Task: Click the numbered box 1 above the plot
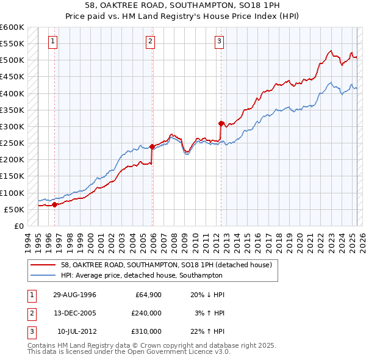click(53, 41)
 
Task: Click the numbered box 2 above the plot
click(150, 41)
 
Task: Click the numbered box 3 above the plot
click(219, 41)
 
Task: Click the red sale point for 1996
click(55, 204)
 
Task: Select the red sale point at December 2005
click(152, 146)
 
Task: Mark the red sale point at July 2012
click(221, 123)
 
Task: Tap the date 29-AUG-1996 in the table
click(74, 295)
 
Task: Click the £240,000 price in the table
click(146, 313)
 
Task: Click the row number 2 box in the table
click(30, 313)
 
